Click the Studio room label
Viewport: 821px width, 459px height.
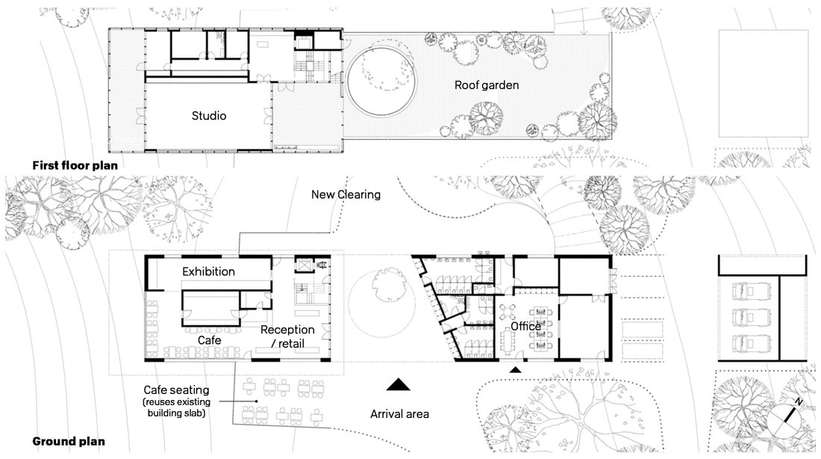(209, 116)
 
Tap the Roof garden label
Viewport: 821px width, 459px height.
(487, 85)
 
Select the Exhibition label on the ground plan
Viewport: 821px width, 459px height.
(208, 271)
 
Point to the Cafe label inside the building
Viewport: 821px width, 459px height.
(210, 340)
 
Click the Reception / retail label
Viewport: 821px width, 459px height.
(287, 337)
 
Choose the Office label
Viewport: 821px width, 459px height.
(525, 326)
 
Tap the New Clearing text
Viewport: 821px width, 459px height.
(346, 194)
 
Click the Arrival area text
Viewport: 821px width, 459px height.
(399, 414)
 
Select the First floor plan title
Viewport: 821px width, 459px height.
(75, 165)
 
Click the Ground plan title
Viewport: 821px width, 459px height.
(69, 441)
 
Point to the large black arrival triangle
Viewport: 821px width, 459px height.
(399, 385)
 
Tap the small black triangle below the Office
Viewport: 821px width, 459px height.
(516, 370)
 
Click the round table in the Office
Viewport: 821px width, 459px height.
(507, 312)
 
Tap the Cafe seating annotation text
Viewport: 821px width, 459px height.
(176, 401)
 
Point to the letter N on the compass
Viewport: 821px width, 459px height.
(799, 402)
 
